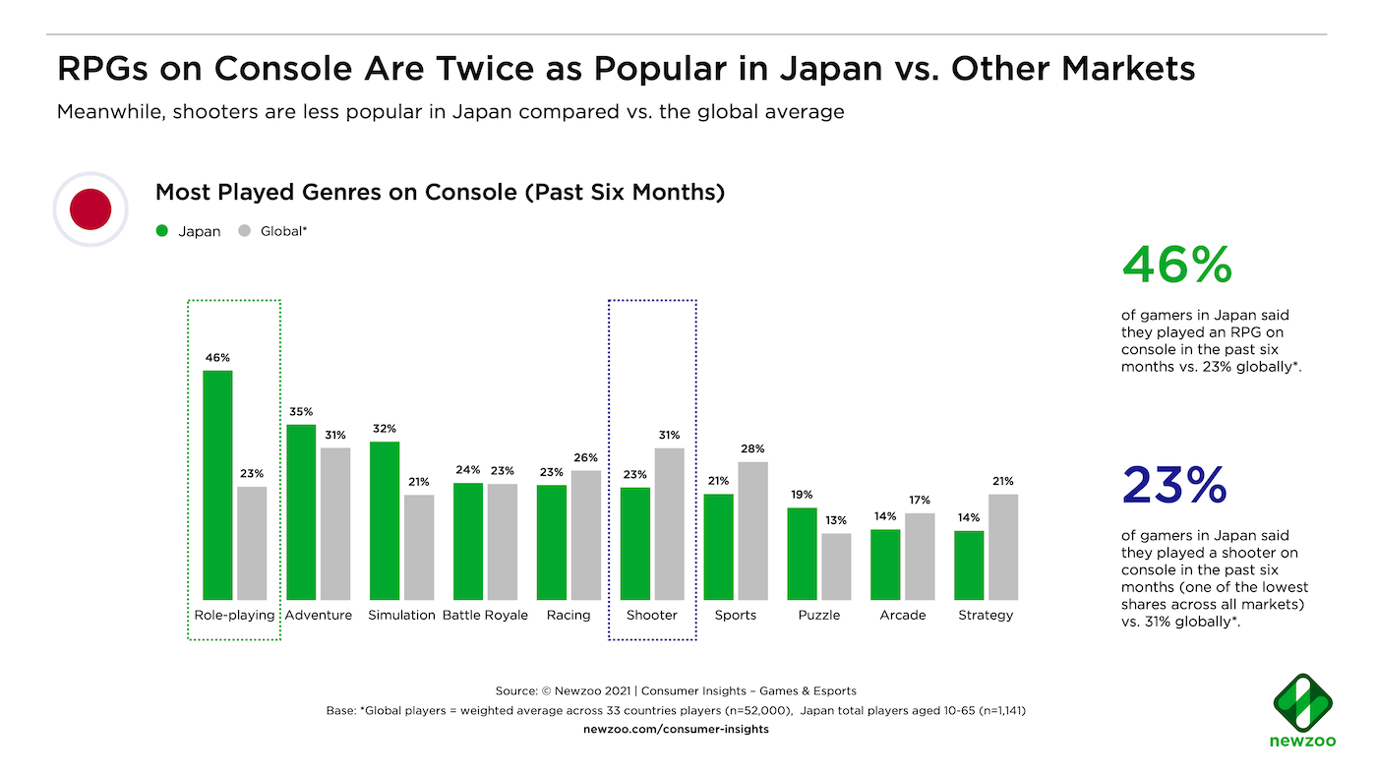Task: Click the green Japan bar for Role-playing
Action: point(217,485)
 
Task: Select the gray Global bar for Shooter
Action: point(670,523)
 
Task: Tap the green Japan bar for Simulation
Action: point(385,520)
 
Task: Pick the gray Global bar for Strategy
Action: point(1003,547)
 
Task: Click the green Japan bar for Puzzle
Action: point(803,554)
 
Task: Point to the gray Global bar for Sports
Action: point(753,530)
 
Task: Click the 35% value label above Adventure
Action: point(301,411)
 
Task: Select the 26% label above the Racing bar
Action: point(586,457)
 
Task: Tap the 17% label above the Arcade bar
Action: point(920,500)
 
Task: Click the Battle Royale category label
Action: point(485,615)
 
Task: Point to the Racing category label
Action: point(569,615)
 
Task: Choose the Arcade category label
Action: point(903,615)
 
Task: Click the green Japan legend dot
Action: point(162,231)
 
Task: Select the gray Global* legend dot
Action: point(245,231)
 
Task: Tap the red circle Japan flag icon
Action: point(90,208)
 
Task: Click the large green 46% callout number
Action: point(1176,265)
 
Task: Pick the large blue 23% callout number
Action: point(1174,485)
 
